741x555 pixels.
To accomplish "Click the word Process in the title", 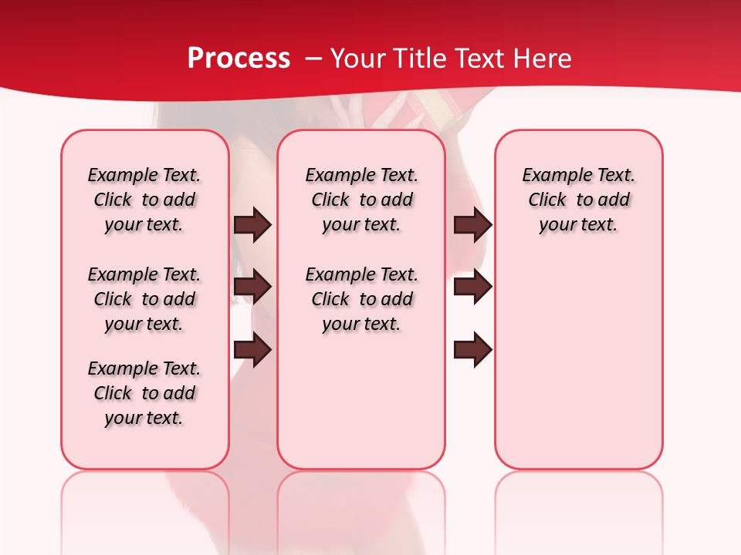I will click(x=239, y=59).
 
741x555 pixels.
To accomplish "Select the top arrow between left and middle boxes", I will click(x=252, y=224).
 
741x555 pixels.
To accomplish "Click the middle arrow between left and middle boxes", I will click(x=252, y=287).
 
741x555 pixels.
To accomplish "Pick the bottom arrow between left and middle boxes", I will click(x=252, y=350).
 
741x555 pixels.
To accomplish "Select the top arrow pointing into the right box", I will click(x=472, y=224).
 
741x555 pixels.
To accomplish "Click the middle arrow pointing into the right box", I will click(x=472, y=287).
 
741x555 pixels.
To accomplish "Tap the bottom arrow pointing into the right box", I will click(x=472, y=350).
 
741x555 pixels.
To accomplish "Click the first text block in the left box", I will click(x=144, y=200).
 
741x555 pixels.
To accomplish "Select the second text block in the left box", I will click(x=144, y=299).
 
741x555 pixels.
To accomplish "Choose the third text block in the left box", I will click(x=144, y=393).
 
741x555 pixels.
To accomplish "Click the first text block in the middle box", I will click(x=361, y=200).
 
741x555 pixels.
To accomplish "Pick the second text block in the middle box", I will click(x=361, y=299).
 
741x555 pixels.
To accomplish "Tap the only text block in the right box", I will click(x=578, y=200).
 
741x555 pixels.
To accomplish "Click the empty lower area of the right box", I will click(x=578, y=370).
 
